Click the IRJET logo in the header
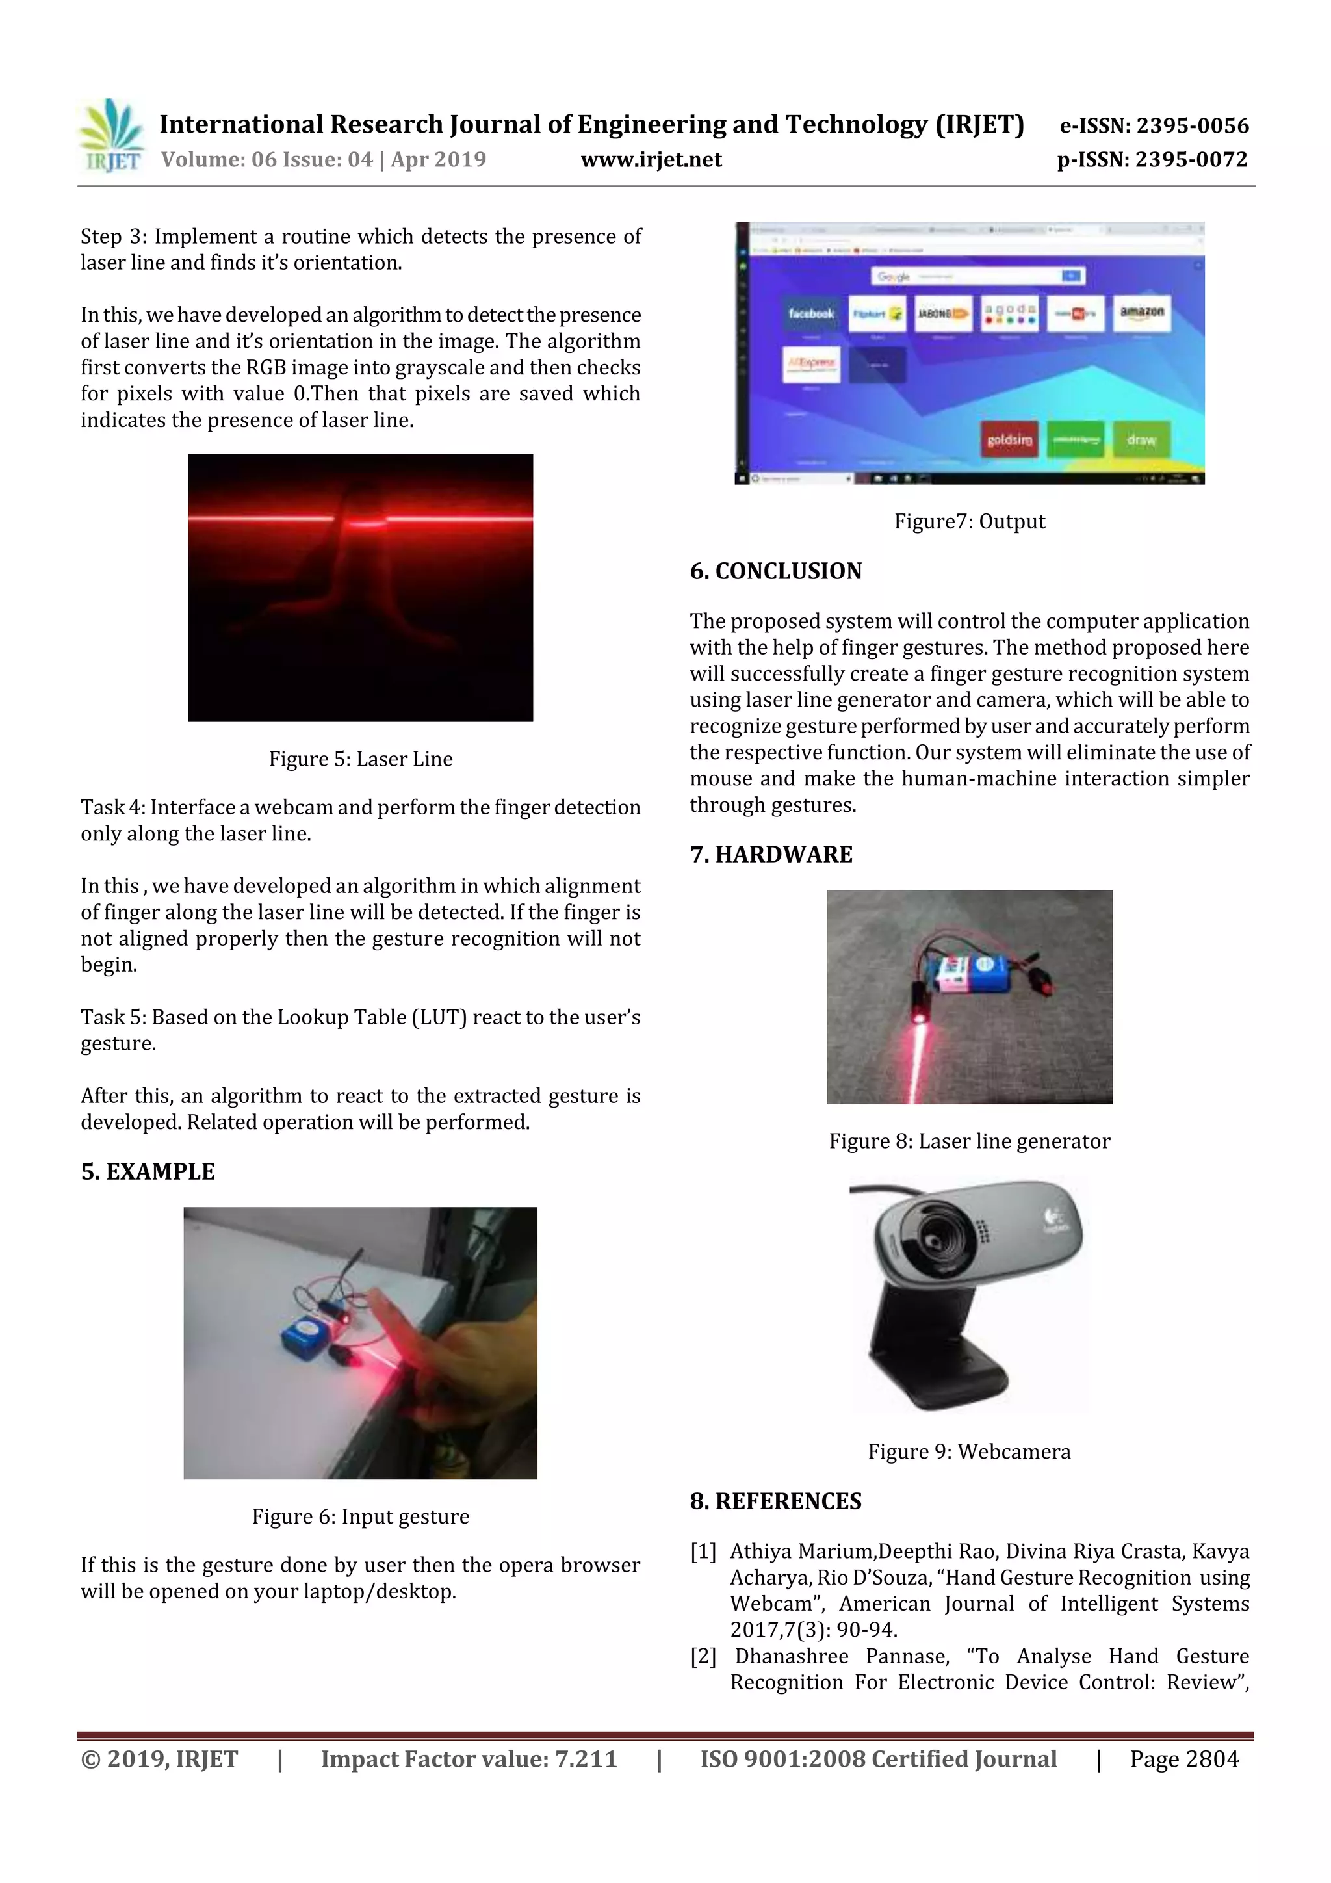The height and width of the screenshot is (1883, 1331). click(x=110, y=135)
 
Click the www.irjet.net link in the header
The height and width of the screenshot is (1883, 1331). click(x=651, y=160)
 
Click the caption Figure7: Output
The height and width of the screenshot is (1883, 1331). click(x=970, y=521)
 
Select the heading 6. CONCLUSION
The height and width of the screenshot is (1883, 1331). click(x=776, y=571)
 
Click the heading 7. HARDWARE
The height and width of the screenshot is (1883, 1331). click(x=771, y=855)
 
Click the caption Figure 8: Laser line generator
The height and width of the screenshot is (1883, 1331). click(x=970, y=1141)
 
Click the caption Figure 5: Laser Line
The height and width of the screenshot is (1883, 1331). click(x=360, y=759)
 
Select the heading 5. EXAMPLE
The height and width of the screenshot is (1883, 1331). click(x=148, y=1172)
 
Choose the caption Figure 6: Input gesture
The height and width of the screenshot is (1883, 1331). click(x=360, y=1517)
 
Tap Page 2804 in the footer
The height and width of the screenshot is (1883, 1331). click(x=1183, y=1759)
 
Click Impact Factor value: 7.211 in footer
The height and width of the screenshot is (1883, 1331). click(x=469, y=1759)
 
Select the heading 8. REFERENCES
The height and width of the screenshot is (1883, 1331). click(x=776, y=1501)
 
